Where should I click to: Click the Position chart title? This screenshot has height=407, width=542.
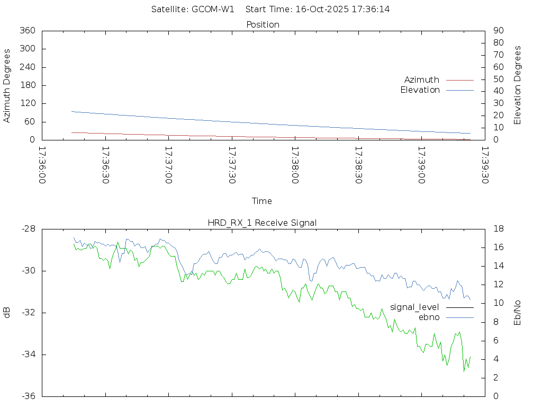click(263, 24)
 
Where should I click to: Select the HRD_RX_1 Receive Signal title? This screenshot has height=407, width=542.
click(262, 223)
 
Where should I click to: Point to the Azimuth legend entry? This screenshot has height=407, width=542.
click(422, 79)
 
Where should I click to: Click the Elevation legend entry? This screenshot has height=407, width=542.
click(420, 90)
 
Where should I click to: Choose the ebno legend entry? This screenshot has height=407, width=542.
click(429, 317)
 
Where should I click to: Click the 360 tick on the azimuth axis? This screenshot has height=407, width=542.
click(27, 31)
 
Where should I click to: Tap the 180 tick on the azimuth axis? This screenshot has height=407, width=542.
click(27, 85)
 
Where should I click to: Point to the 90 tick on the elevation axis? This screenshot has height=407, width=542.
click(498, 31)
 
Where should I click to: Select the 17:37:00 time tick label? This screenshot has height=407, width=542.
click(169, 165)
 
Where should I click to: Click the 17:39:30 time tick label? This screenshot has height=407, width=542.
click(485, 165)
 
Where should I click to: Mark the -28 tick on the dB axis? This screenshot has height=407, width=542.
click(28, 229)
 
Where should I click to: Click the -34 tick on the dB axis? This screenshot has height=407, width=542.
click(28, 355)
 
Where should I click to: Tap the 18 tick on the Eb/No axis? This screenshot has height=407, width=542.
click(498, 229)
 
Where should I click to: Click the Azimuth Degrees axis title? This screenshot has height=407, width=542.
click(7, 85)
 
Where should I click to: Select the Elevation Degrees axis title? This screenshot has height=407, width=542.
click(518, 85)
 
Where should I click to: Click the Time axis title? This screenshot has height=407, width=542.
click(262, 201)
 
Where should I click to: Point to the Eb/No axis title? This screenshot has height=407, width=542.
click(518, 313)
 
